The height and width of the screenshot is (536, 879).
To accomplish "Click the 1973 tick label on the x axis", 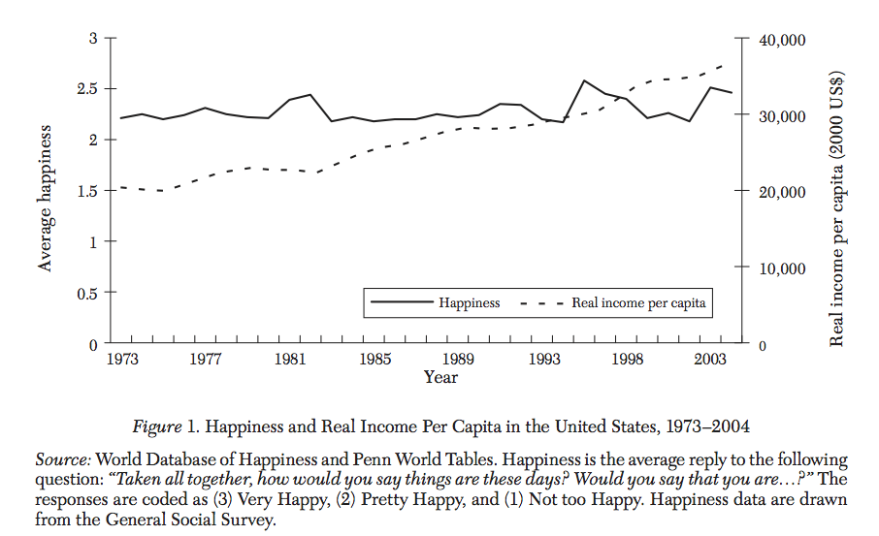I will pos(121,360).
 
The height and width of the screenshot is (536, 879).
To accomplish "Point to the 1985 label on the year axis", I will pos(374,360).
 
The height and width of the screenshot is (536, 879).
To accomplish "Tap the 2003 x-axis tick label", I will pos(712,360).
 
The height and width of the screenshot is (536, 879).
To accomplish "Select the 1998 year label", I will pos(628,360).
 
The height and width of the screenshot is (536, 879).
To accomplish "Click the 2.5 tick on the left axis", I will pos(90,89).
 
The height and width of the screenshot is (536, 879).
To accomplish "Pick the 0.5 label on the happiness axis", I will pos(90,292).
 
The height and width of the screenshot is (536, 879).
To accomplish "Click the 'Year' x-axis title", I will pos(440,377).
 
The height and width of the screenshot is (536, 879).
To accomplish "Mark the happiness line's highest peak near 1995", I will pos(584,80).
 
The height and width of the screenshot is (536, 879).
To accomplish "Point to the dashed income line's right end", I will pos(724,65).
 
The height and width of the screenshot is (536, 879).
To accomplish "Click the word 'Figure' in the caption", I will pos(155,426).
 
